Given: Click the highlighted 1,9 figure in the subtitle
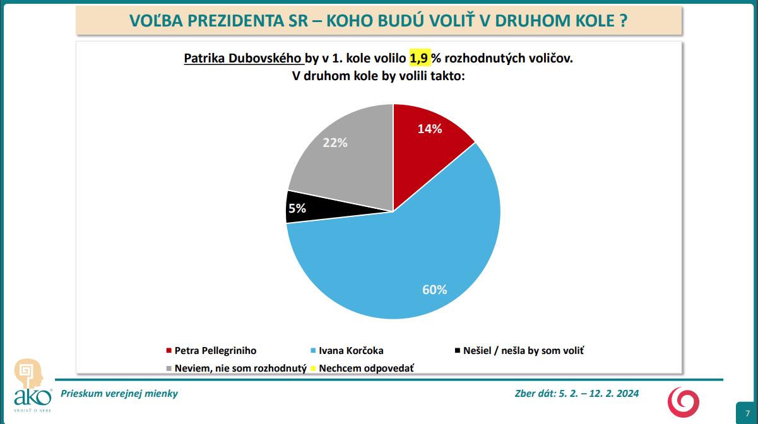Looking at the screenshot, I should tap(420, 59).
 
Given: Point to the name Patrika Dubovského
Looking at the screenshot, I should tap(243, 59).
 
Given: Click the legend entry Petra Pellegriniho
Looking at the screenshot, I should tap(215, 350).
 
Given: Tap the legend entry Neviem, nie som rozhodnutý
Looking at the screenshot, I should tap(240, 367).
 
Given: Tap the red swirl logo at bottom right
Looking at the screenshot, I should tap(684, 402).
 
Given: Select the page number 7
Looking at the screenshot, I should tap(747, 412).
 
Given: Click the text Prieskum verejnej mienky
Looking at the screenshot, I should tap(119, 394).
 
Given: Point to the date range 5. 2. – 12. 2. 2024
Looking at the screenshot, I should tap(598, 394).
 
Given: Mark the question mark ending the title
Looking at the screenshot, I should tap(622, 21).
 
